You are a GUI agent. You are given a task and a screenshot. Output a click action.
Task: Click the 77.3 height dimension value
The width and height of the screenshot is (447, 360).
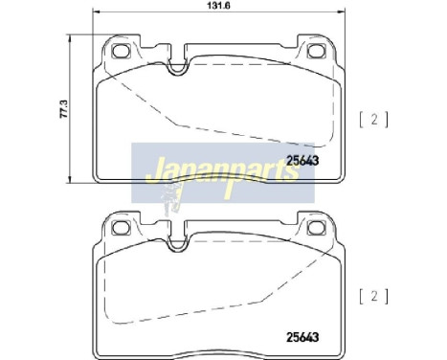63,109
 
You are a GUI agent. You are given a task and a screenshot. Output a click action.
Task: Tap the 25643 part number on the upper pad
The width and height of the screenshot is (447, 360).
302,161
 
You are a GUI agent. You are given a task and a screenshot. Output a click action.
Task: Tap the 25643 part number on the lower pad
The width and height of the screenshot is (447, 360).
302,337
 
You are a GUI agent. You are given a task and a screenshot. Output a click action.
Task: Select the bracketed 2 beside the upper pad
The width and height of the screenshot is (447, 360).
374,120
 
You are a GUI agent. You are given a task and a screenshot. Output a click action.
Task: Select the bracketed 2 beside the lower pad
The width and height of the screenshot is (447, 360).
374,297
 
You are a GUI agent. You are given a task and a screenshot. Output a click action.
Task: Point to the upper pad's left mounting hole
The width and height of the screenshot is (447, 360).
121,51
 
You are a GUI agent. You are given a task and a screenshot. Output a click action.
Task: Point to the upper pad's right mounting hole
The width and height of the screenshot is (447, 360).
316,51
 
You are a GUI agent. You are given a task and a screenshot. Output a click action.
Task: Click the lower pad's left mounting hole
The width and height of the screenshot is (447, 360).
121,228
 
